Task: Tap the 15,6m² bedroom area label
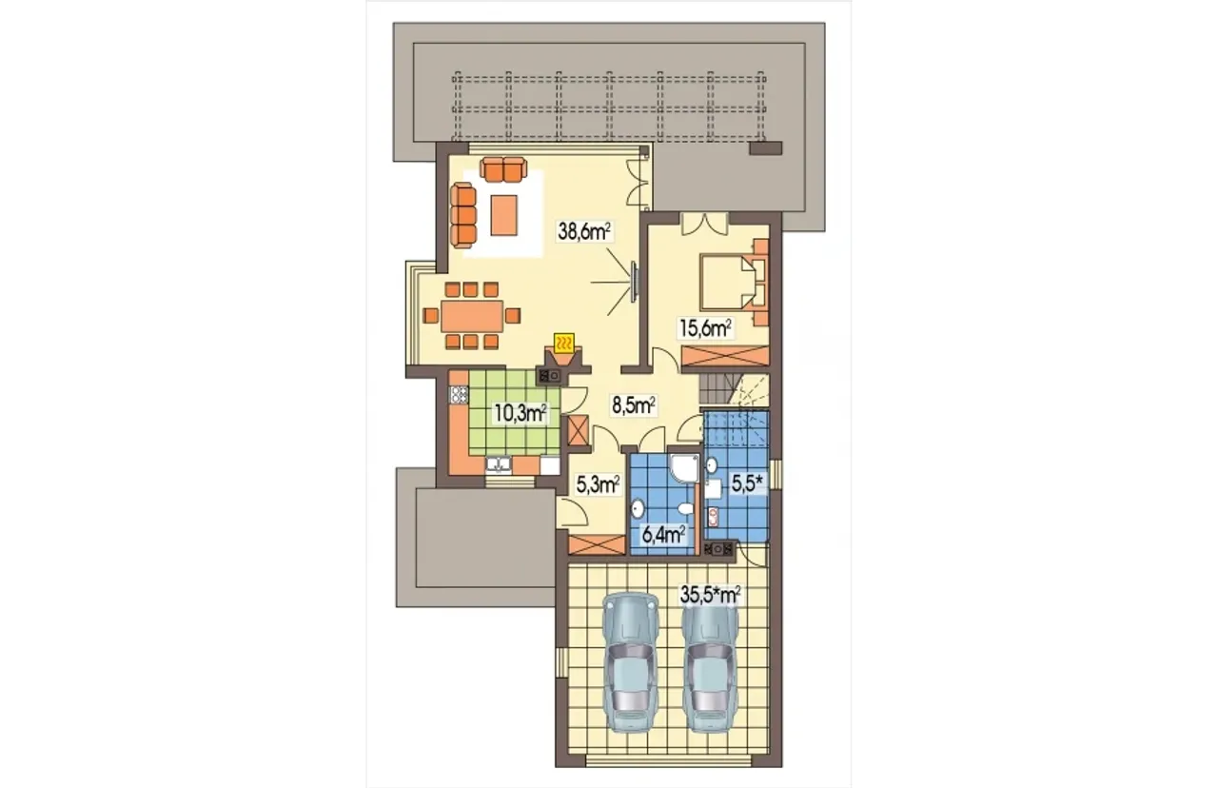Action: (705, 327)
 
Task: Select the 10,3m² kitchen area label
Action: (520, 413)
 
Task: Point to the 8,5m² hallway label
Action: (634, 404)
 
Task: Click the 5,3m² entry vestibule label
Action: (598, 484)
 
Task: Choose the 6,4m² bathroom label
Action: (663, 535)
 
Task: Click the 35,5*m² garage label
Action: (711, 594)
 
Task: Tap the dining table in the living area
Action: (471, 315)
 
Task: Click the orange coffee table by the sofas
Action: (503, 215)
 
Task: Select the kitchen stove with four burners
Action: (459, 394)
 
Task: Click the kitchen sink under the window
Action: (117, 465)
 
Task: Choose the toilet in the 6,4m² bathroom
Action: (686, 509)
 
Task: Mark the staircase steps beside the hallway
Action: (713, 390)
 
